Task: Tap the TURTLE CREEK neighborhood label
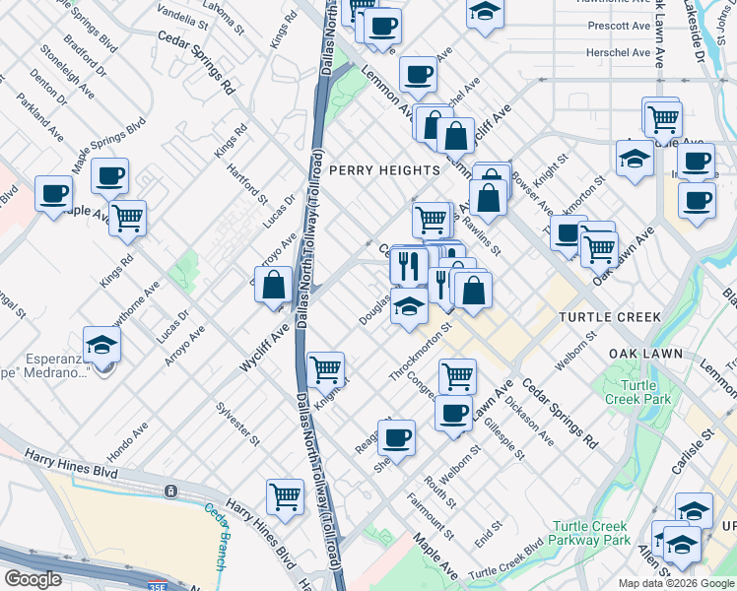[x=604, y=318]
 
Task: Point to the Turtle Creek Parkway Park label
[x=590, y=533]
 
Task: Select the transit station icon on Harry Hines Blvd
[x=170, y=490]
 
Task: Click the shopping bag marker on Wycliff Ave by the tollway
[x=275, y=285]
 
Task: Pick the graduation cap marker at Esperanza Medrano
[x=101, y=345]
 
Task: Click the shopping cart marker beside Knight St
[x=325, y=369]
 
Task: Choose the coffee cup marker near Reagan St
[x=396, y=436]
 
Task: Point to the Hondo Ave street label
[x=127, y=442]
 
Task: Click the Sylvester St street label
[x=239, y=424]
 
